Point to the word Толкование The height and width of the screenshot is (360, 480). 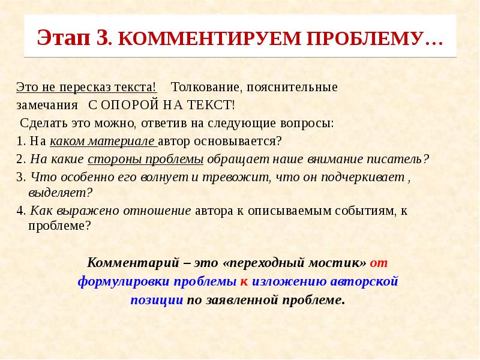point(206,87)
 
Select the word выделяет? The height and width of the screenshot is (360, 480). point(61,193)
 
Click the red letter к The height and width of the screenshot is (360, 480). point(244,281)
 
